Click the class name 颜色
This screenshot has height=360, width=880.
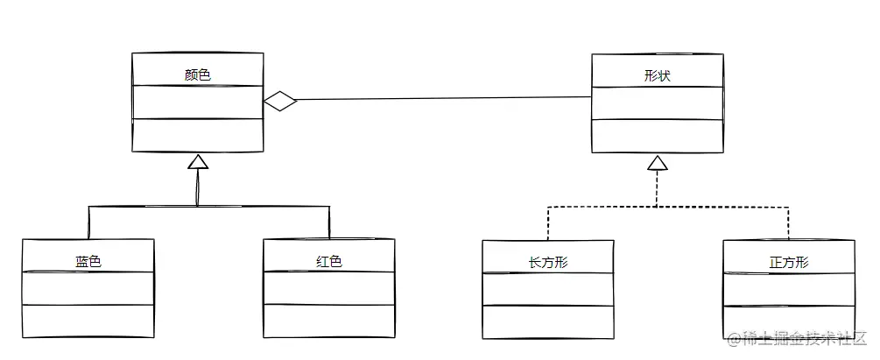click(x=198, y=75)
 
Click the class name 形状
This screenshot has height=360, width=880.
click(x=657, y=76)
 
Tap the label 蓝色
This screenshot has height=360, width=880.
click(x=88, y=261)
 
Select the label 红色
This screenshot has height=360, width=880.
click(x=328, y=261)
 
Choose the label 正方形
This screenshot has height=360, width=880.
click(x=789, y=262)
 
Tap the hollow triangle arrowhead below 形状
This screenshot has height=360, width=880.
click(x=658, y=162)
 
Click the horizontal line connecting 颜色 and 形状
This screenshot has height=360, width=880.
click(x=438, y=99)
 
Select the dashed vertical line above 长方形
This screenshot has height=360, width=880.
click(x=548, y=223)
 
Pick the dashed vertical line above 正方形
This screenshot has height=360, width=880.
click(x=789, y=223)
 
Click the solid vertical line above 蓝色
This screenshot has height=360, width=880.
click(x=88, y=222)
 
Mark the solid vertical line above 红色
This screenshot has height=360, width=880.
click(x=328, y=222)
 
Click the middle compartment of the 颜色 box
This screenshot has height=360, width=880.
click(x=198, y=102)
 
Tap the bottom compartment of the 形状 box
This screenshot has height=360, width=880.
click(x=657, y=136)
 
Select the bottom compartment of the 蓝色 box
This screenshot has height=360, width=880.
click(x=88, y=321)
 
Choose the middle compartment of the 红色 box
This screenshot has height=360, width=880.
click(x=328, y=288)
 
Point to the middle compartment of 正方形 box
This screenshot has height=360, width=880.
click(x=789, y=289)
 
